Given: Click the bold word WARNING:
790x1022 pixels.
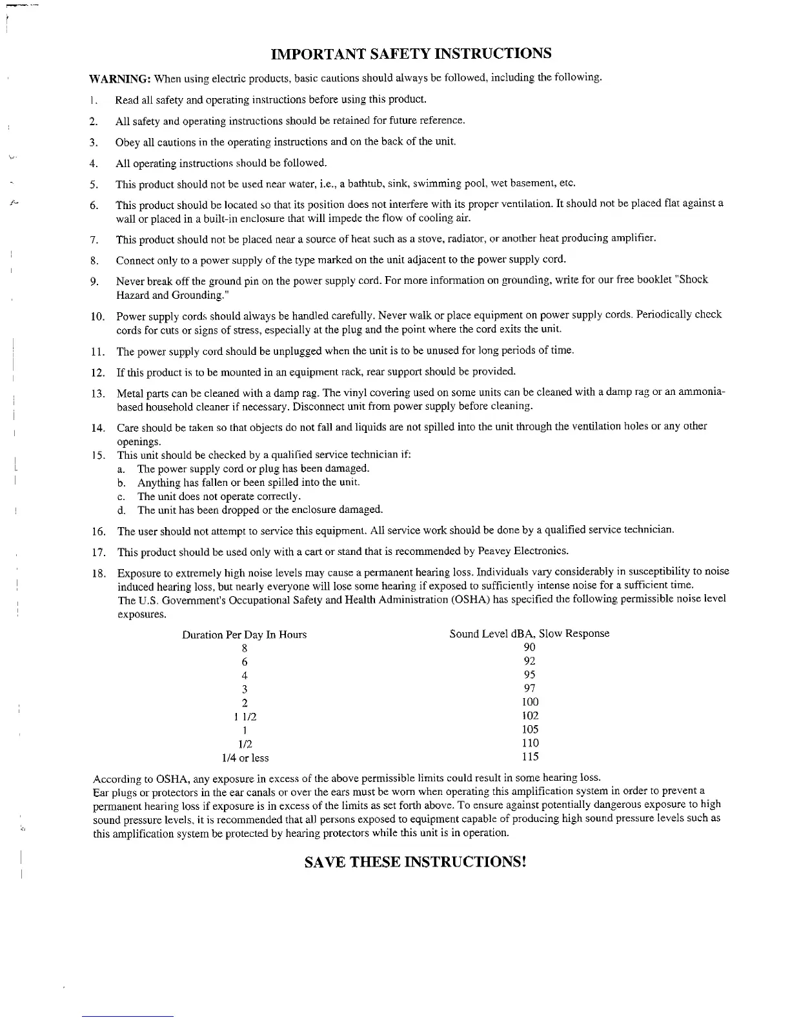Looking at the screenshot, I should click(119, 79).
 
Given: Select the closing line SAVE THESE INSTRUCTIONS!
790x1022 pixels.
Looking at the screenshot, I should click(416, 862).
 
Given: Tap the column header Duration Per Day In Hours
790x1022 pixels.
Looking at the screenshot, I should click(244, 635).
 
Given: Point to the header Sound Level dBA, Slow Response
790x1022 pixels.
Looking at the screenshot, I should click(529, 634).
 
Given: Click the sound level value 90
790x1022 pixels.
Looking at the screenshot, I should click(529, 647).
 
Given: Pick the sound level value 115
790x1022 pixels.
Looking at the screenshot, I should click(530, 757).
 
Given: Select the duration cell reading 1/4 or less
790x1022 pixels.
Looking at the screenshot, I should click(245, 758).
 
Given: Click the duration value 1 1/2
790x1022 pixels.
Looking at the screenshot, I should click(245, 717).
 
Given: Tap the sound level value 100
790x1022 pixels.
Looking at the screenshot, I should click(530, 702).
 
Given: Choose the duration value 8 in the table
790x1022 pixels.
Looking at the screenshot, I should click(245, 648).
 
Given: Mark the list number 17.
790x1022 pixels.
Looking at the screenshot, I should click(99, 552).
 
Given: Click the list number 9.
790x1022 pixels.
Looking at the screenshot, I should click(94, 281).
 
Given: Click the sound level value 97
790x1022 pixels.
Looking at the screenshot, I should click(529, 688).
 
